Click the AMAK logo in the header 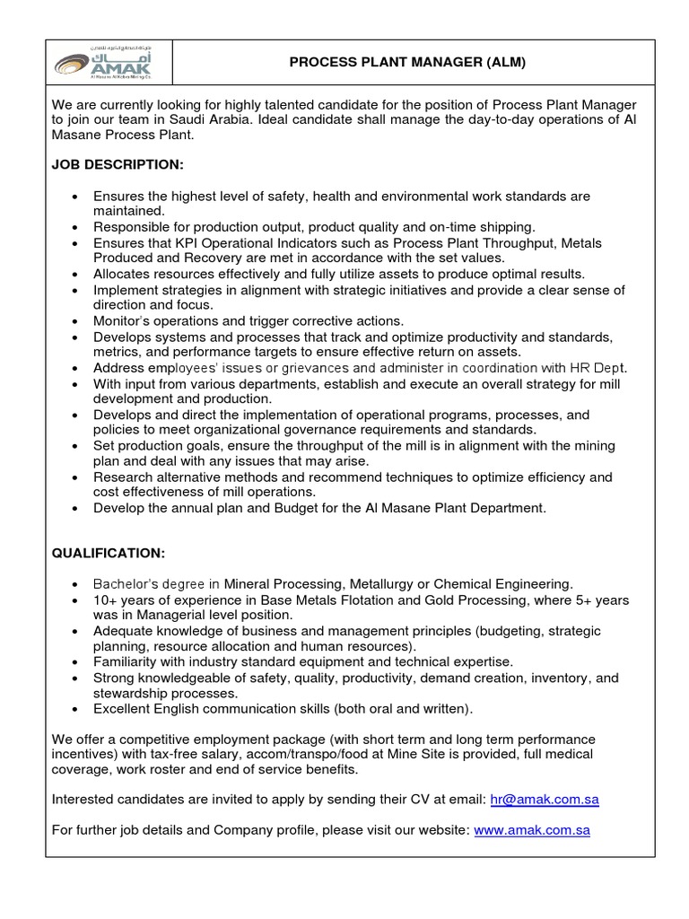pyautogui.click(x=108, y=63)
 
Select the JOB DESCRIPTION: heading pyautogui.click(x=118, y=165)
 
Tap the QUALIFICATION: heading pyautogui.click(x=109, y=553)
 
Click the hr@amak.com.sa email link pyautogui.click(x=545, y=799)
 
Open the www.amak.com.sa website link pyautogui.click(x=532, y=830)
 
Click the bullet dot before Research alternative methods pyautogui.click(x=74, y=477)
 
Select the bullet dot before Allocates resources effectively pyautogui.click(x=74, y=275)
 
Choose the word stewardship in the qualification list pyautogui.click(x=133, y=694)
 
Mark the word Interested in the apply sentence pyautogui.click(x=83, y=799)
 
